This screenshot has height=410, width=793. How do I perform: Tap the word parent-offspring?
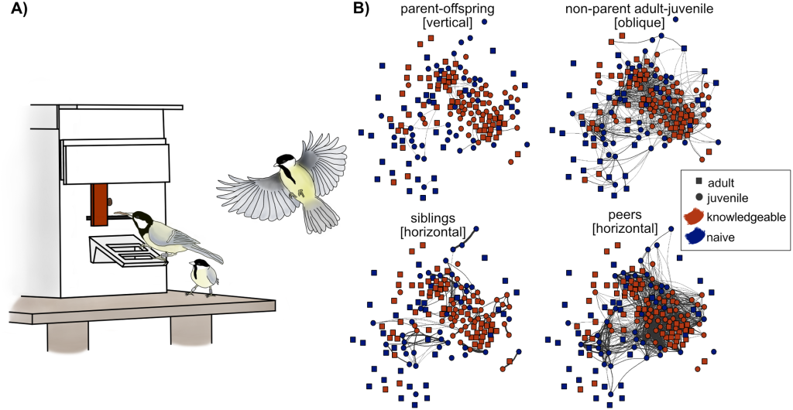point(432,9)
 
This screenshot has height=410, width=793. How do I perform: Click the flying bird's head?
point(285,161)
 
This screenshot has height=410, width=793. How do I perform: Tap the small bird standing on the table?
point(204,277)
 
